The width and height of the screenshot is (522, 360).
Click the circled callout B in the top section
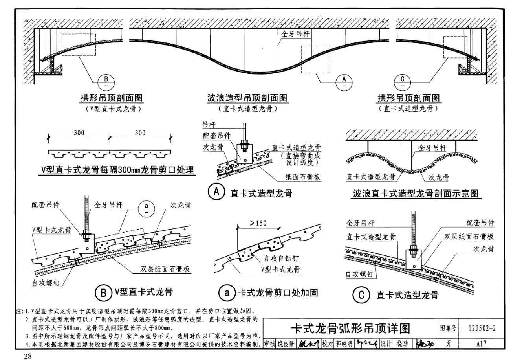(106, 82)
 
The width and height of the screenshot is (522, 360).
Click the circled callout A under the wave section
(344, 82)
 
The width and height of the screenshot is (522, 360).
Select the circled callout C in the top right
(402, 82)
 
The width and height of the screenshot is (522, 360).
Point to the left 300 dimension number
(79, 133)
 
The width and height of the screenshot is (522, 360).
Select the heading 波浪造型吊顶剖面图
(247, 98)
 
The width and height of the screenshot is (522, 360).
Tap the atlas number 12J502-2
(482, 329)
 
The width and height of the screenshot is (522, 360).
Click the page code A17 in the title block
(482, 343)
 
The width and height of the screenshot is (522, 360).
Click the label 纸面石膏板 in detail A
(302, 177)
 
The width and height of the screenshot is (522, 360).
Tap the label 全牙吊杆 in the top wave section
(295, 34)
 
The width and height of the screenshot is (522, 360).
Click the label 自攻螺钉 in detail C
(360, 274)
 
